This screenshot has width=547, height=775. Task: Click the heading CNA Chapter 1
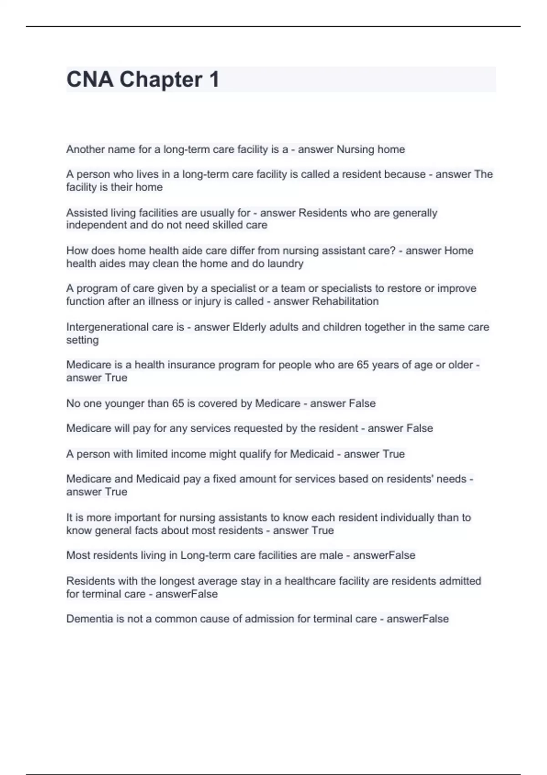coord(143,79)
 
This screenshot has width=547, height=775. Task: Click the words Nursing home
coord(371,150)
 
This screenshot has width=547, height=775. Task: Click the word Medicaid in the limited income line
coord(312,454)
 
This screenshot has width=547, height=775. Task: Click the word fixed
coord(225,479)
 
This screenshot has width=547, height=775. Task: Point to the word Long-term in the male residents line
coord(206,555)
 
